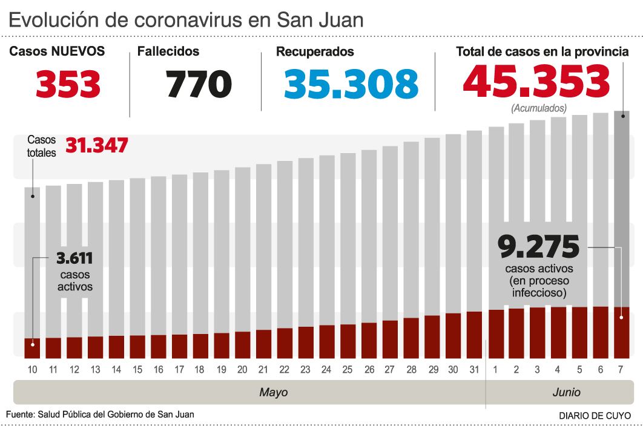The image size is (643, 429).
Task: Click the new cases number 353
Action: click(x=68, y=84)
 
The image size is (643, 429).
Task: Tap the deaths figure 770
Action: click(x=199, y=84)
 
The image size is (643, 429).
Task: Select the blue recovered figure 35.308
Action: click(x=351, y=84)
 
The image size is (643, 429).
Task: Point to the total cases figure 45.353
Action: click(x=536, y=82)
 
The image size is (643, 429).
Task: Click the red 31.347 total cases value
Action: click(x=97, y=146)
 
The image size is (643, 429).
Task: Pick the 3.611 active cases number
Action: click(x=74, y=258)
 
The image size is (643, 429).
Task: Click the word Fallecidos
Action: click(x=168, y=51)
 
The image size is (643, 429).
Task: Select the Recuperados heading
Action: click(x=315, y=52)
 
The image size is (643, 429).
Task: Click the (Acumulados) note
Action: click(x=539, y=109)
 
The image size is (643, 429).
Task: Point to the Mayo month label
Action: click(x=274, y=392)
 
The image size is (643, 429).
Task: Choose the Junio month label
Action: click(x=566, y=392)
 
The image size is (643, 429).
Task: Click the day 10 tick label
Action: click(x=33, y=370)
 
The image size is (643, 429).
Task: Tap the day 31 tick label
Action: click(x=474, y=370)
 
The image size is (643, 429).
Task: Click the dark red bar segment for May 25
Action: click(x=348, y=341)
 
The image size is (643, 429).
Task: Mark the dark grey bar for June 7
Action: click(x=622, y=206)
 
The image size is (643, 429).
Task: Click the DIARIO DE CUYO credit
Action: click(x=595, y=416)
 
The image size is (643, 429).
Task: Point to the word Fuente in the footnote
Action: click(x=19, y=414)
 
